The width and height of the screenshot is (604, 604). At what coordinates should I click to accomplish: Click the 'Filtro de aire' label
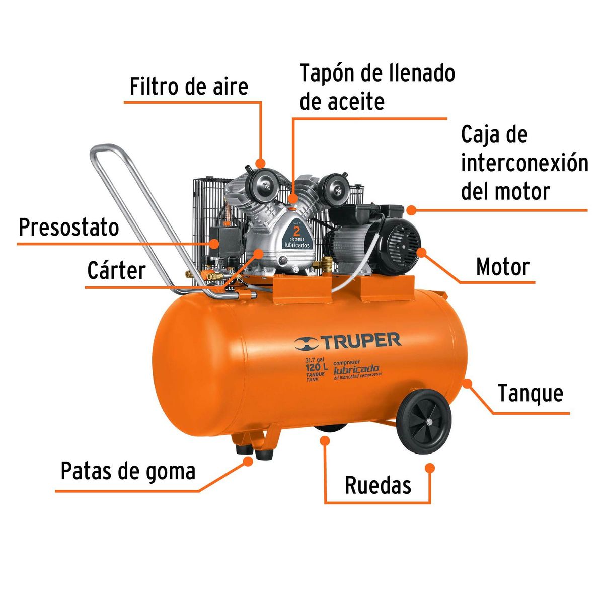tap(189, 86)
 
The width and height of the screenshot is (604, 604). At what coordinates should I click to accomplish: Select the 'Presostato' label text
tap(69, 228)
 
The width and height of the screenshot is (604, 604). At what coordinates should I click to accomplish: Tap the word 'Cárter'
tap(116, 271)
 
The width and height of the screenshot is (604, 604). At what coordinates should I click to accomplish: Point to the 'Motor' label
tap(503, 267)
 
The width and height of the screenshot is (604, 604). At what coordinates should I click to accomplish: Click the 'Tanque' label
tap(531, 393)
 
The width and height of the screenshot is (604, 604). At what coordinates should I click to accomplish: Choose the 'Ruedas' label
tap(378, 485)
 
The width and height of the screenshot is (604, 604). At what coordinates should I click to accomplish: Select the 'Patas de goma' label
tap(128, 471)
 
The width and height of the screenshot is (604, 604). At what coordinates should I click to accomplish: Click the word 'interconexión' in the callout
tap(524, 163)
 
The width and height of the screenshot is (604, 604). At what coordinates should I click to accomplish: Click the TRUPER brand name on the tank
tap(360, 341)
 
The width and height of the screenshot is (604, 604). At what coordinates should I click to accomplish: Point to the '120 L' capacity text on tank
tap(316, 367)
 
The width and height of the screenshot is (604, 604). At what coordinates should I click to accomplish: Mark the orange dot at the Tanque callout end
tap(468, 383)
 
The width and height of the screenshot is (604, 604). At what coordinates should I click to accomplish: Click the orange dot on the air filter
tap(260, 163)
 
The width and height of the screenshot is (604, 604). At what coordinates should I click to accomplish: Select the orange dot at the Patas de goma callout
tap(248, 461)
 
